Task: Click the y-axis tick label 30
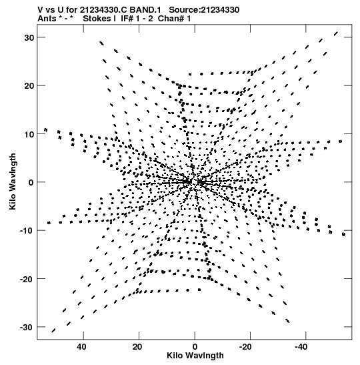pos(29,37)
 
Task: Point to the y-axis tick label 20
pos(29,85)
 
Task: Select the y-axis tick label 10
pos(29,134)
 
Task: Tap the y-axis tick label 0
pos(31,182)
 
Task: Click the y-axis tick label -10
pos(27,231)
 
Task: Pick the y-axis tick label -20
pos(27,279)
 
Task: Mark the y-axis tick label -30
pos(27,327)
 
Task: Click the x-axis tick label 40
pos(81,347)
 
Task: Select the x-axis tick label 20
pos(137,347)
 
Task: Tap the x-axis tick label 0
pos(195,347)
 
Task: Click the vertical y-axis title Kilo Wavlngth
pos(13,181)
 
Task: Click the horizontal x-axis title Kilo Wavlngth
pos(195,356)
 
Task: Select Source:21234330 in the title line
pos(204,10)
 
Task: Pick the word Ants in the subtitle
pos(47,19)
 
